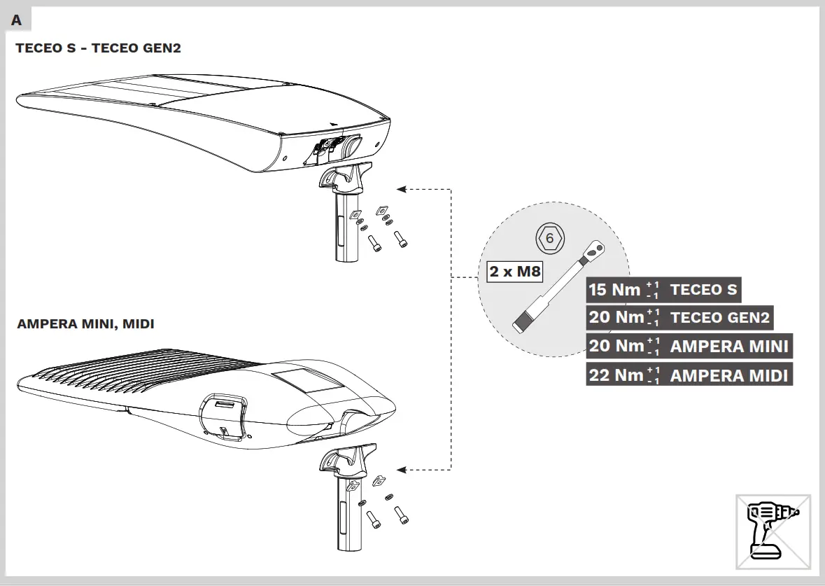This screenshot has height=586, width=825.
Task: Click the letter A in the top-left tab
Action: (x=16, y=20)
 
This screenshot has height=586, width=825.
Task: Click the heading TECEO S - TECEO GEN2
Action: (x=99, y=48)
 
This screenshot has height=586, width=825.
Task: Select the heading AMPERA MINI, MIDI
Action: (x=85, y=324)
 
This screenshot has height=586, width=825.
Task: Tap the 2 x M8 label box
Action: (x=515, y=271)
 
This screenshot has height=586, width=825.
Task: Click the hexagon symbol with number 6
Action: (x=549, y=239)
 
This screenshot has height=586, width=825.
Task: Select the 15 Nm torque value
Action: (x=615, y=290)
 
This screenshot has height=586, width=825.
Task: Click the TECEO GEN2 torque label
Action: (x=719, y=319)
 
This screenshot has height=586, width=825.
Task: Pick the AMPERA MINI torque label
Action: (x=729, y=347)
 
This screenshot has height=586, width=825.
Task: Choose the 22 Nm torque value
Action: (x=616, y=375)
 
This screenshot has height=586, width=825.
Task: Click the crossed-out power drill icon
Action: (x=773, y=531)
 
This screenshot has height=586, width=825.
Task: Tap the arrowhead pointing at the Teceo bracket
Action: (x=401, y=189)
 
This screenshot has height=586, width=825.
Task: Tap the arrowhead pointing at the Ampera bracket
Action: (x=401, y=469)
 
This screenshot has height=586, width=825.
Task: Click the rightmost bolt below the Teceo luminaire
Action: (x=401, y=239)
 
